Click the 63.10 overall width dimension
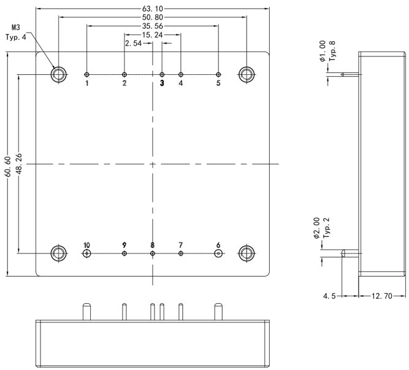153,9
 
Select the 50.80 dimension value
153,18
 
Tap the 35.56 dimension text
153,26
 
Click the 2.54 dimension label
133,44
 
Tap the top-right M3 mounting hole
247,74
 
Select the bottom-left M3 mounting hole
59,253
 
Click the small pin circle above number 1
87,74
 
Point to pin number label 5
218,83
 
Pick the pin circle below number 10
87,253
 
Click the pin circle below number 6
218,253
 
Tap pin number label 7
180,245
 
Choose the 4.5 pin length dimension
329,296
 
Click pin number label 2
124,83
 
